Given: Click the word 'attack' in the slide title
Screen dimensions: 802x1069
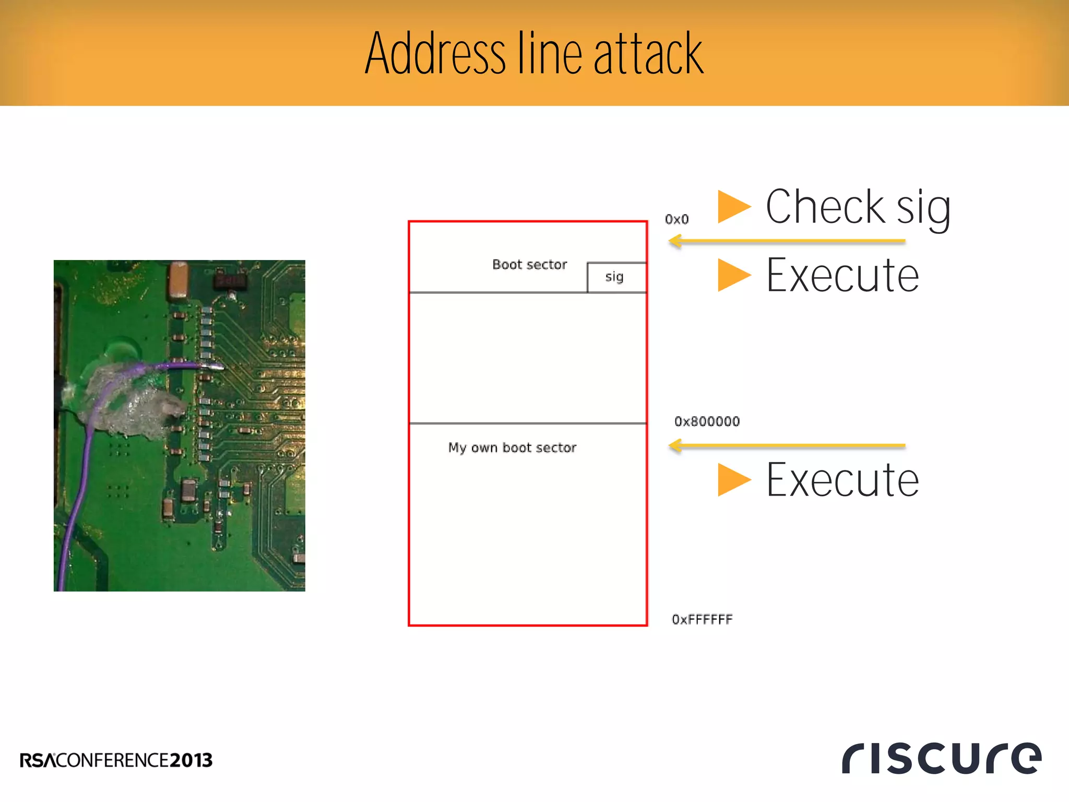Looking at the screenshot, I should pos(648,53).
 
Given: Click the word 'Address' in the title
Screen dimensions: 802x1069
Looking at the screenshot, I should pos(435,53).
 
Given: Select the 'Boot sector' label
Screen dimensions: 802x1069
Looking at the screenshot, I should pos(529,265).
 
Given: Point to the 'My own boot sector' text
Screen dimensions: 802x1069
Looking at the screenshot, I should pos(512,447).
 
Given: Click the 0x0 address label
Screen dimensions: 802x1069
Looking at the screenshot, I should pos(676,219).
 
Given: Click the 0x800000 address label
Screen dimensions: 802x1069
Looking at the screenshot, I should pos(707,421).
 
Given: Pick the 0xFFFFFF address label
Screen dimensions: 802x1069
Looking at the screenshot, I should pos(702,619).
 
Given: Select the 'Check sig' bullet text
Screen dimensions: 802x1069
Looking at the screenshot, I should pos(858,207).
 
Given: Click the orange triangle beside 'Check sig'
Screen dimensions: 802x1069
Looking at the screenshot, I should pos(733,207).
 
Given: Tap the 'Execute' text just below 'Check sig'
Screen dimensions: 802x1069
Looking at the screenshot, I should pos(842,275).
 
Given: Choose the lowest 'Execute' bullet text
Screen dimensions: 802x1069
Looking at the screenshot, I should pos(842,480).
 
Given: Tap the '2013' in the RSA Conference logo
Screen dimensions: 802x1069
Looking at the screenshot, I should pos(191,760).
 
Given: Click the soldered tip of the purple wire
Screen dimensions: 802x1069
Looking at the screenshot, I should pos(217,367).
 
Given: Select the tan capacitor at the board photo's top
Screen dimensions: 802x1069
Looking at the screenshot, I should pos(179,280).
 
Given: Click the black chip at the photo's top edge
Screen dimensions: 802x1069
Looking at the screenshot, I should pos(230,281).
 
